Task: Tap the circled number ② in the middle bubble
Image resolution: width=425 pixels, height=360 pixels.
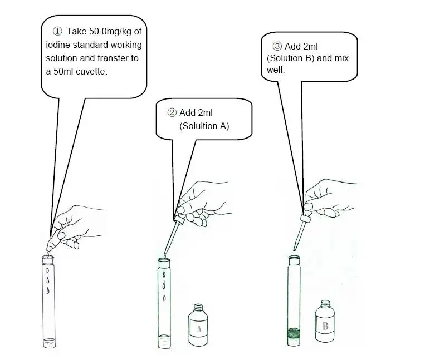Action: point(172,112)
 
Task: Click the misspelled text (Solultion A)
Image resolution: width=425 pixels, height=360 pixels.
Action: point(204,126)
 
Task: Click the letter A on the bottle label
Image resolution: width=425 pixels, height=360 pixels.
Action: point(198,329)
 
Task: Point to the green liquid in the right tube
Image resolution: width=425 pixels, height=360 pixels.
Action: point(294,334)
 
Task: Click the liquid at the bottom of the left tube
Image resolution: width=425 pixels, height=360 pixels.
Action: point(50,343)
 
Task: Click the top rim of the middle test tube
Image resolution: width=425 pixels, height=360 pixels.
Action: point(164,259)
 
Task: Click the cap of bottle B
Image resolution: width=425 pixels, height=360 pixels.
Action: point(325,304)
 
